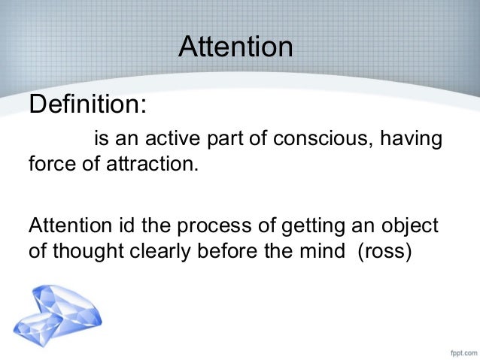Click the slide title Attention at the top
click(x=235, y=47)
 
